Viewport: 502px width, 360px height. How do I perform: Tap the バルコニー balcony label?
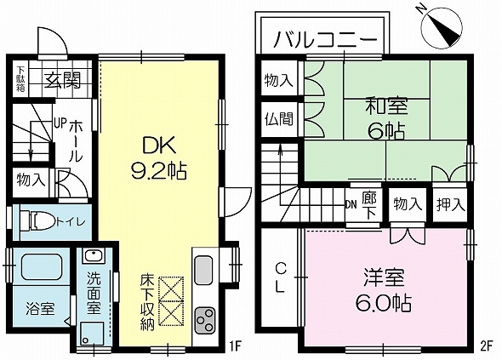(326, 40)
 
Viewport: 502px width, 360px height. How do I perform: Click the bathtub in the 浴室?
(42, 266)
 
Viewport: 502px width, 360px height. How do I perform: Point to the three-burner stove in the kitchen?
(204, 320)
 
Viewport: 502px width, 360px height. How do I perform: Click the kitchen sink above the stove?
(203, 270)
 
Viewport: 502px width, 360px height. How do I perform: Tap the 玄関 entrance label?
(63, 80)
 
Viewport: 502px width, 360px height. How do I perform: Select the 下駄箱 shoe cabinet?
(20, 79)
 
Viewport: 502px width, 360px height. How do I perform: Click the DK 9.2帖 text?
(159, 157)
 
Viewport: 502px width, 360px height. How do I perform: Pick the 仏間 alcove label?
(279, 119)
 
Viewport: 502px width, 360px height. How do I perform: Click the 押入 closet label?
(451, 204)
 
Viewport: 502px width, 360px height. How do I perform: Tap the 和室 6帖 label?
(386, 118)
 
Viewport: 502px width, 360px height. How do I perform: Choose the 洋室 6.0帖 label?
(385, 290)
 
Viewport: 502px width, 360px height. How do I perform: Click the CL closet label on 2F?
(280, 277)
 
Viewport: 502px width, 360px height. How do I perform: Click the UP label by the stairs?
(60, 123)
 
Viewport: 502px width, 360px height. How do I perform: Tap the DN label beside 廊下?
(351, 205)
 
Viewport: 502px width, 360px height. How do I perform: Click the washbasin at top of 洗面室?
(93, 256)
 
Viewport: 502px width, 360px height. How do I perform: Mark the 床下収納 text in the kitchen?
(147, 302)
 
